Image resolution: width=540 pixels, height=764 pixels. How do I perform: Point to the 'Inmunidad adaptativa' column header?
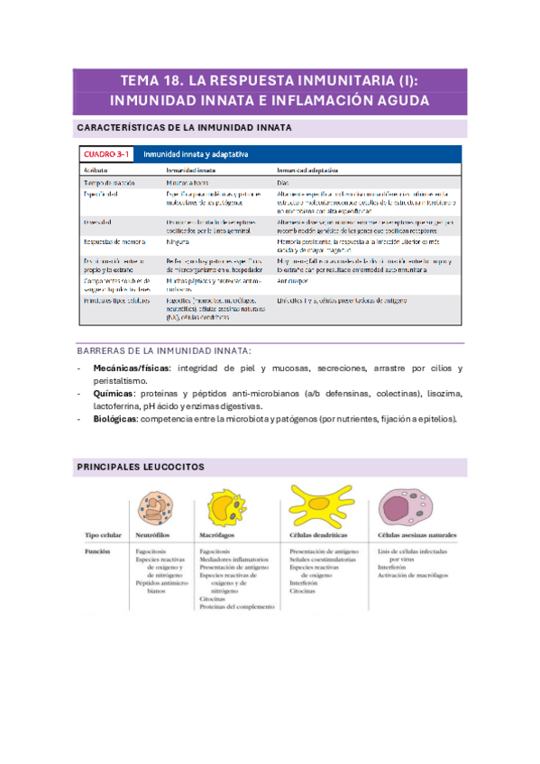[x=308, y=168]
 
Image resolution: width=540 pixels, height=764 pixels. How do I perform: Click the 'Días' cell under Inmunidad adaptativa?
[x=283, y=182]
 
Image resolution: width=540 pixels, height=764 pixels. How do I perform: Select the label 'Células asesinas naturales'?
[x=418, y=534]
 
